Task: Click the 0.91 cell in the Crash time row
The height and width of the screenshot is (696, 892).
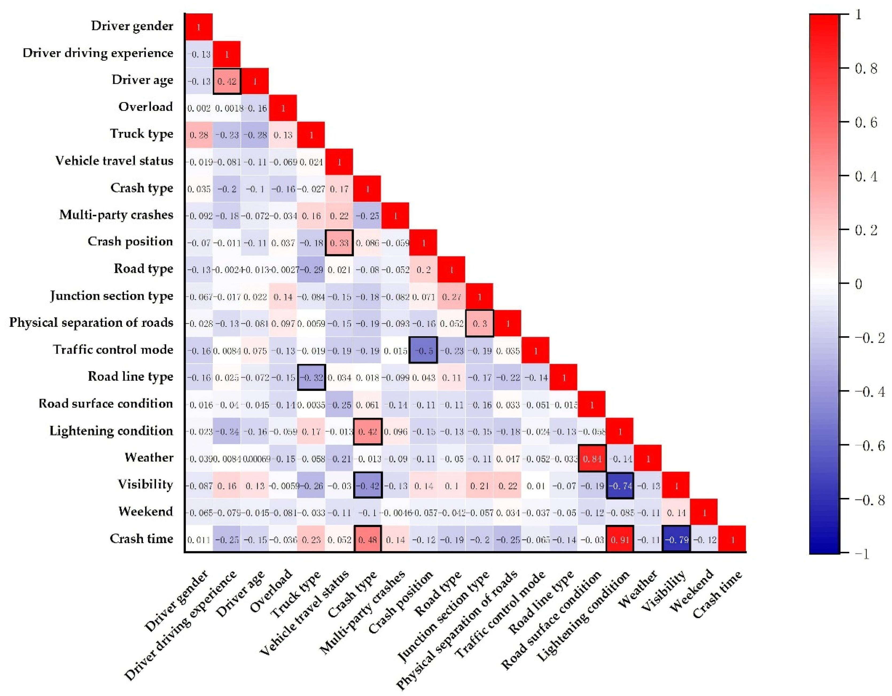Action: click(x=620, y=539)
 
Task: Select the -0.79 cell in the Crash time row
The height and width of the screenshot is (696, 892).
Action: click(x=676, y=539)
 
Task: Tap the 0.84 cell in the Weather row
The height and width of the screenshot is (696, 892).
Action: click(x=592, y=459)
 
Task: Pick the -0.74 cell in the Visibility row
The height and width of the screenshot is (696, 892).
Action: click(x=620, y=486)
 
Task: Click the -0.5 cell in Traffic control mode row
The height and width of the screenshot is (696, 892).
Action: click(x=423, y=351)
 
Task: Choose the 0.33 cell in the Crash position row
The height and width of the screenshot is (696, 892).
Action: click(x=339, y=243)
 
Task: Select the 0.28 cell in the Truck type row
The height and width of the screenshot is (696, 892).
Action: click(x=199, y=135)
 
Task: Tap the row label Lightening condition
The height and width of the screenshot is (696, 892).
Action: click(x=111, y=431)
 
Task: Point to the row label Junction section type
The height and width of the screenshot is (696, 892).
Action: click(x=111, y=296)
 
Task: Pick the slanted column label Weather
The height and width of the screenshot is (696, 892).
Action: click(x=638, y=589)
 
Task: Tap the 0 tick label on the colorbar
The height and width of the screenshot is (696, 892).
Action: click(x=859, y=284)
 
